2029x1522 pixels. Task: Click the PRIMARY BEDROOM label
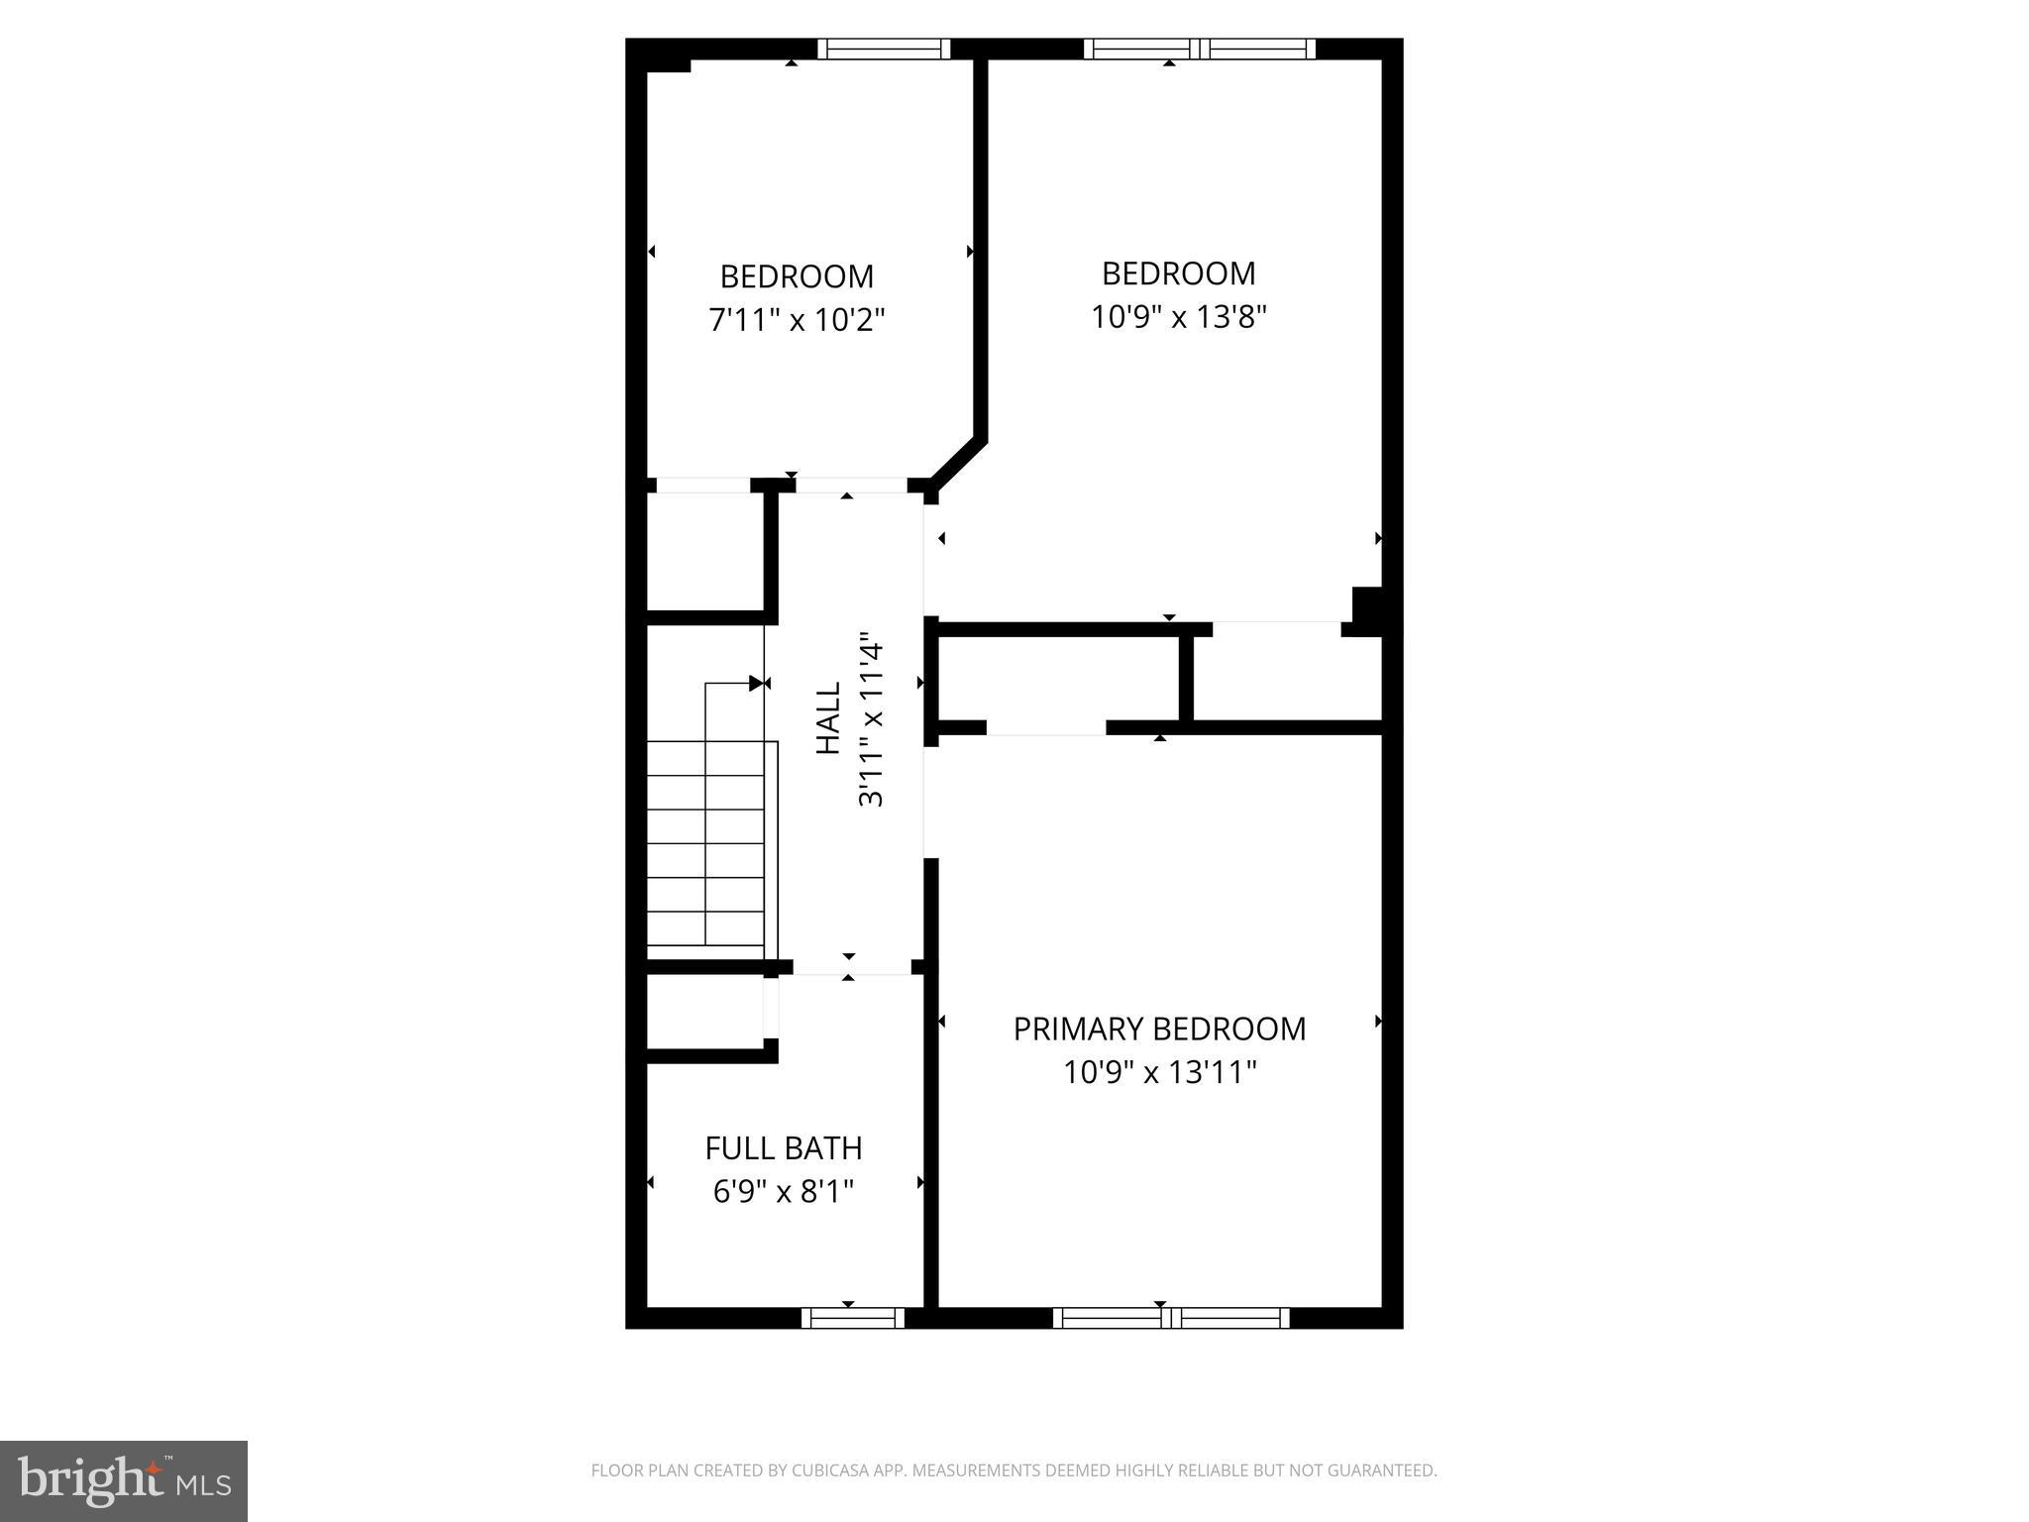[x=1159, y=1030]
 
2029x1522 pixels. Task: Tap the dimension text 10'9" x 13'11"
[x=1159, y=1073]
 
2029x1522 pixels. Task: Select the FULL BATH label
[x=783, y=1148]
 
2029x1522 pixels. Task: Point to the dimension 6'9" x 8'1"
[x=783, y=1191]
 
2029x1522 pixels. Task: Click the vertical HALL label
[x=828, y=718]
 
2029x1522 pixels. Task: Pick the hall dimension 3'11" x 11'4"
[x=871, y=718]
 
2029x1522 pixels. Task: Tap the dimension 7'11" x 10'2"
[x=797, y=320]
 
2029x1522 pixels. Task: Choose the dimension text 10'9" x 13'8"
[x=1179, y=317]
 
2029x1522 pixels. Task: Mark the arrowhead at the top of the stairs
[x=757, y=683]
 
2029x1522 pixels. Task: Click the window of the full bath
[x=852, y=1318]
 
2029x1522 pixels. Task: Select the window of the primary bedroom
[x=1170, y=1318]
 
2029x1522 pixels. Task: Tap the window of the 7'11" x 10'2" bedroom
[x=884, y=49]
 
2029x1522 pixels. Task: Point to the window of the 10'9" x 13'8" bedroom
[x=1199, y=49]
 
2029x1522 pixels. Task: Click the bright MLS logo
[x=124, y=1480]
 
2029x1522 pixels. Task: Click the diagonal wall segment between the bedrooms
[x=958, y=463]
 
